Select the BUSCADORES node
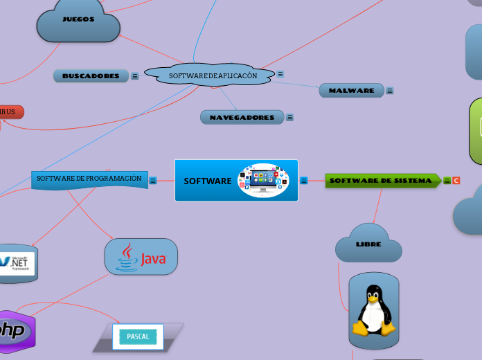click(91, 76)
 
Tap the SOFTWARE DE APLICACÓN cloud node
click(213, 75)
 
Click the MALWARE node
click(351, 91)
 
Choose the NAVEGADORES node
click(242, 118)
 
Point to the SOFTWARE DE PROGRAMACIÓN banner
click(89, 179)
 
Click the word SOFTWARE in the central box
click(207, 181)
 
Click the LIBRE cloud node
click(368, 244)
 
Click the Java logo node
click(141, 257)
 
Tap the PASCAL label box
click(138, 336)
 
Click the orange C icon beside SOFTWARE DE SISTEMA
click(456, 181)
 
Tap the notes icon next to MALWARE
click(390, 91)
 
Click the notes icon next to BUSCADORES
click(135, 76)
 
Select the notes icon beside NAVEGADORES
click(290, 118)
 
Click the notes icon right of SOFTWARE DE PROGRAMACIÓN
click(153, 180)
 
